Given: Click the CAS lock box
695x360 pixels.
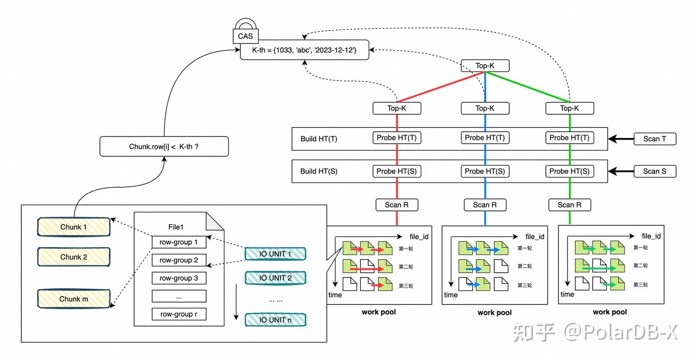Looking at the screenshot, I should coord(245,36).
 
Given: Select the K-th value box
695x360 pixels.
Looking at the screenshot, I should coord(305,50).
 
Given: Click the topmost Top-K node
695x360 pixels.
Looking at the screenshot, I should coord(485,66).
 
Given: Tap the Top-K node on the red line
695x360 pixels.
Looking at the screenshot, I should coord(397,108).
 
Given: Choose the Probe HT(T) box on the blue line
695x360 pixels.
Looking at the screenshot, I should coord(485,138).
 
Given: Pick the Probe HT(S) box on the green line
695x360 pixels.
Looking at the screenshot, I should coord(570,171).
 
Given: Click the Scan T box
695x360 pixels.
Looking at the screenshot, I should coord(654,139).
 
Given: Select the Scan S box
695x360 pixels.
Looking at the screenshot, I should coord(654,171).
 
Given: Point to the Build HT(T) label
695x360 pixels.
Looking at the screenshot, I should coord(319,139).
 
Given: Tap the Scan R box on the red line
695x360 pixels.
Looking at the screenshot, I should coord(397,205).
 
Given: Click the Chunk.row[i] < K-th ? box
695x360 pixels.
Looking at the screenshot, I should coord(164,146).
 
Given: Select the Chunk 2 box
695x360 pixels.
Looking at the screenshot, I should coord(74,257).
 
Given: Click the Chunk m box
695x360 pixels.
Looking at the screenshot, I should coord(74,299).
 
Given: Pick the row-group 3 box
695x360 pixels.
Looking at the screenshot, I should coord(179,278).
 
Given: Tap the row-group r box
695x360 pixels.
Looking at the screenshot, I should coord(179,314).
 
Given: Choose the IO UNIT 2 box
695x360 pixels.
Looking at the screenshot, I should coord(275,278).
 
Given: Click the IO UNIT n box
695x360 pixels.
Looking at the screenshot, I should coord(275,319).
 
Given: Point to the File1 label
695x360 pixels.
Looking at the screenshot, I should coord(175,226).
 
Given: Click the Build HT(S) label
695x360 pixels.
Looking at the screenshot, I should coord(319,171).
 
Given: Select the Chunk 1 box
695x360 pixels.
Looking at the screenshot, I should coord(74,227).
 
